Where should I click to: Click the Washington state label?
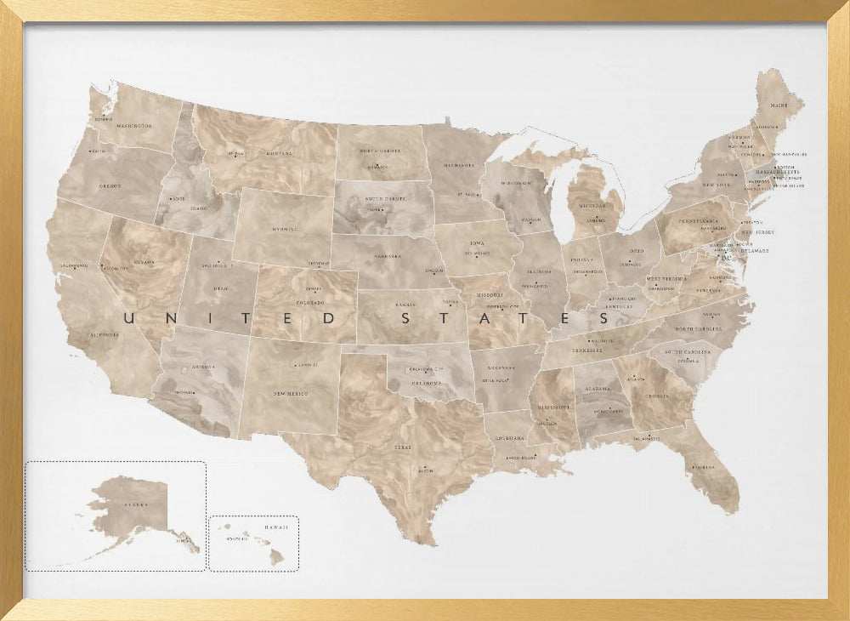[134, 126]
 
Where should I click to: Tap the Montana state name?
[278, 154]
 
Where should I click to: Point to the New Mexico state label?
[291, 394]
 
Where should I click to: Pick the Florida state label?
[703, 467]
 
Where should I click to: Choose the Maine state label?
[779, 107]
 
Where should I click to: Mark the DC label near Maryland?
[727, 258]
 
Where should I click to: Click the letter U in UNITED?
[129, 319]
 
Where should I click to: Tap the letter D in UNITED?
[330, 319]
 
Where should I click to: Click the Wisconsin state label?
[515, 184]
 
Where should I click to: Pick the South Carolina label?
[687, 351]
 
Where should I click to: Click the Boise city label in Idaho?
[178, 199]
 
